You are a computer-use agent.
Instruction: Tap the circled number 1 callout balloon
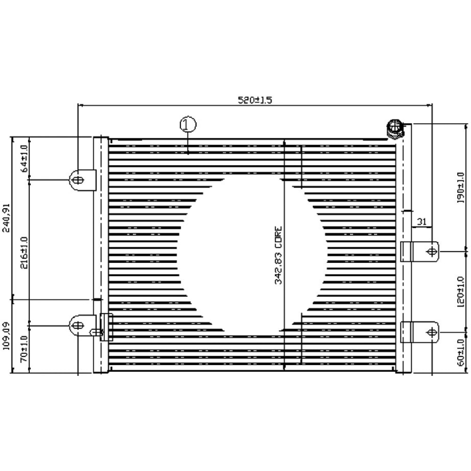point(187,125)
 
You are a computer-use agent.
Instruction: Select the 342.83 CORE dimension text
point(278,256)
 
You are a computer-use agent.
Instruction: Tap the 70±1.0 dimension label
point(24,348)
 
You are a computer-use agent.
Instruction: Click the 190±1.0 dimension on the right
point(461,187)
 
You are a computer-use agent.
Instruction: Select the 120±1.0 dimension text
point(461,291)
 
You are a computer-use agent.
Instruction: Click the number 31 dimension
point(422,221)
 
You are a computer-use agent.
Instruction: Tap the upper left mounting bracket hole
point(78,180)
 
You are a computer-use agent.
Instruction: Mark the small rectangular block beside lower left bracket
point(106,327)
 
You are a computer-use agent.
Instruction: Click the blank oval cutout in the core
point(250,257)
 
